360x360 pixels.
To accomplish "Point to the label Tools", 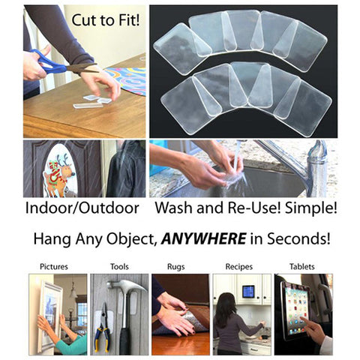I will (119, 266).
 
